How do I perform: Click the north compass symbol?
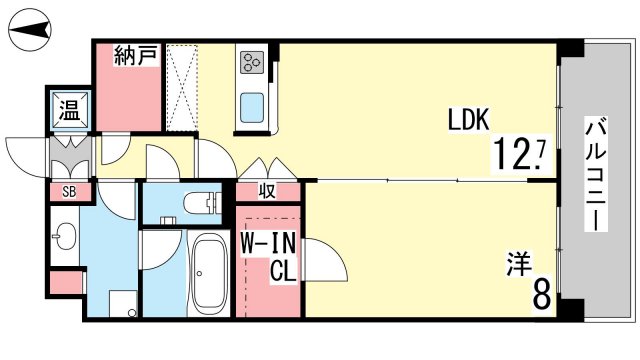[30, 30]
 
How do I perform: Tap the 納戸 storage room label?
[136, 56]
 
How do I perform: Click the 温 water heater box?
[70, 110]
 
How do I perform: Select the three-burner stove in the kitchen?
[251, 62]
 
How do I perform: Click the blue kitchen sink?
[252, 107]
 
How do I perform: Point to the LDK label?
[469, 120]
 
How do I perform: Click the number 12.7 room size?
[520, 153]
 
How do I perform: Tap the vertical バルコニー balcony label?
[596, 173]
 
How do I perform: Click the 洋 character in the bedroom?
[519, 264]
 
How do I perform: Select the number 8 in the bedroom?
[542, 294]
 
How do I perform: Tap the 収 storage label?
[267, 191]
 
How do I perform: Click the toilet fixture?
[202, 202]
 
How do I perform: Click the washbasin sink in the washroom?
[64, 236]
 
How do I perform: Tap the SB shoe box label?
[69, 192]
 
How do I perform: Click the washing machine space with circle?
[124, 304]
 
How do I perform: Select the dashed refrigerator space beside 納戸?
[182, 88]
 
